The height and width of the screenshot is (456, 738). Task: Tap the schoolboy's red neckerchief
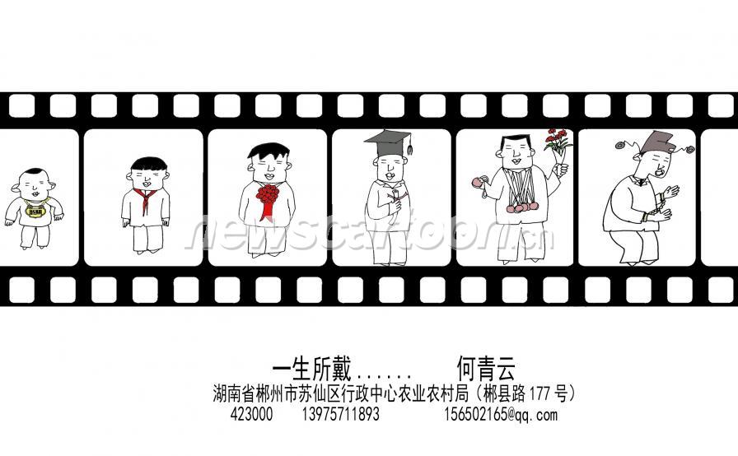coord(144,198)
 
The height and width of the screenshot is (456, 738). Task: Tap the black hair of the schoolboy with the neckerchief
coord(149,164)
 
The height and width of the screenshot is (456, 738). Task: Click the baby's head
coord(34,184)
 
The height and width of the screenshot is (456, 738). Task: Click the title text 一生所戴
coord(311,369)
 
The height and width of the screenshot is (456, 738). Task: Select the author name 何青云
coord(486,369)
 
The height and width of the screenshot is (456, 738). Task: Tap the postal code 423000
coord(251,415)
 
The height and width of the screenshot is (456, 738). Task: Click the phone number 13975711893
coord(340,415)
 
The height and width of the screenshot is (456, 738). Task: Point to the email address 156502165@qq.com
coord(501,415)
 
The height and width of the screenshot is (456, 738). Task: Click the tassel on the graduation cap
coord(409,145)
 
